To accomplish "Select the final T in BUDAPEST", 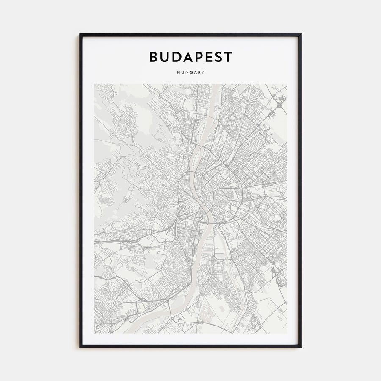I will [228, 57].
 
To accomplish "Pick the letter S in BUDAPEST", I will [218, 57].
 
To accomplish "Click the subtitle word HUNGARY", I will [190, 72].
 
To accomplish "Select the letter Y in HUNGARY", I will [204, 72].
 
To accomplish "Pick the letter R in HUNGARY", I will [199, 72].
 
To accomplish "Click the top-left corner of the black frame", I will [80, 34].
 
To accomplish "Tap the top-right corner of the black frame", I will [301, 34].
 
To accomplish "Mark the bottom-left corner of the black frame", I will [80, 347].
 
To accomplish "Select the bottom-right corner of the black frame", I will [301, 347].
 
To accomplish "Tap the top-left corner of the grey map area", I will [94, 84].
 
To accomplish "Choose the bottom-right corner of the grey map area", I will [287, 333].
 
